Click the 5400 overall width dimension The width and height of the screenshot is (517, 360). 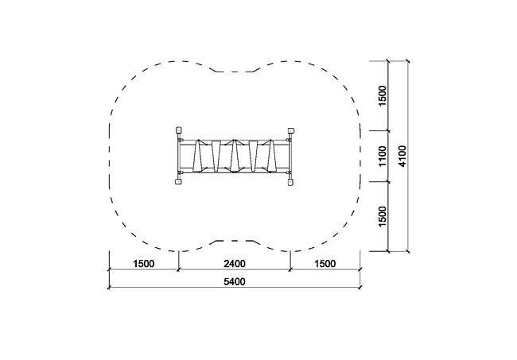[x=235, y=282]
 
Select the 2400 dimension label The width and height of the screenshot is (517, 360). [x=235, y=264]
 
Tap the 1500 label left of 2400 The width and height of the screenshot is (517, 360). [x=144, y=264]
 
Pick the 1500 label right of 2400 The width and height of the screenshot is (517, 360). [x=325, y=264]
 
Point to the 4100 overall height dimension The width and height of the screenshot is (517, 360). [x=402, y=156]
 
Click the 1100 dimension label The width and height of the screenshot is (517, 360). [x=383, y=156]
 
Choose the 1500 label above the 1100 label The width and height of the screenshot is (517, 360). [x=383, y=96]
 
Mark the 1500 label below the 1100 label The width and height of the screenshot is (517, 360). [x=383, y=216]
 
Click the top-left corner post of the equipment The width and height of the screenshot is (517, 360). [x=178, y=130]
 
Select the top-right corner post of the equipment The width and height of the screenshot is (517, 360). [x=291, y=131]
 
